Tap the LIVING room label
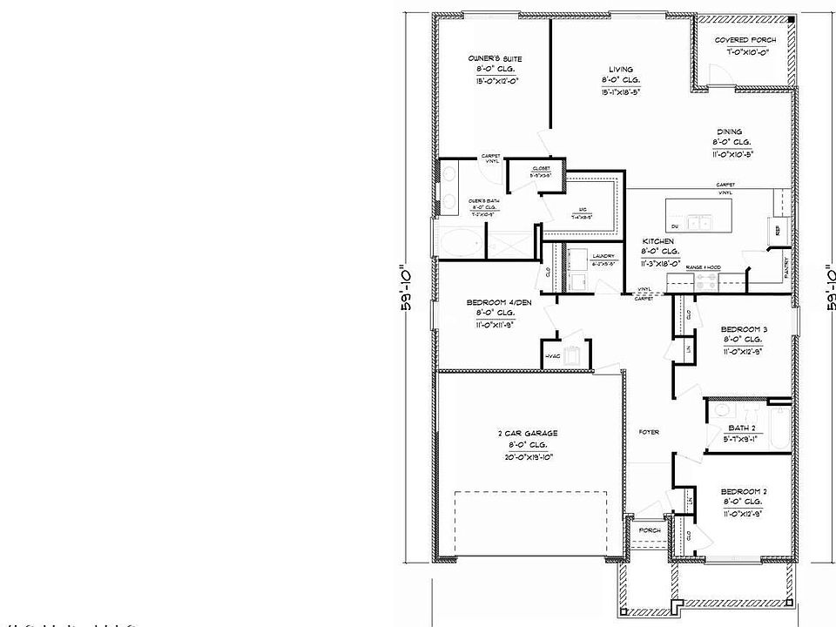(x=621, y=70)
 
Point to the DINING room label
(x=730, y=132)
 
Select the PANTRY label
(x=786, y=266)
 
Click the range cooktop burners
(x=705, y=282)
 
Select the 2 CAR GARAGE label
(x=529, y=433)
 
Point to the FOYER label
(x=649, y=432)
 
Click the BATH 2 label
(x=741, y=428)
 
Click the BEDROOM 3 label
(x=744, y=329)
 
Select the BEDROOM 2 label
(x=744, y=492)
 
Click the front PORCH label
(x=650, y=530)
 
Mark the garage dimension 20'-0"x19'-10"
(x=529, y=457)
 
